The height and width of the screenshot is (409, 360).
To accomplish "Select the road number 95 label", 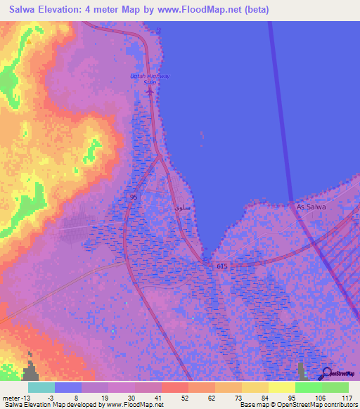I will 134,197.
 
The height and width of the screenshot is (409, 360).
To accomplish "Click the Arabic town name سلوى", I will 181,209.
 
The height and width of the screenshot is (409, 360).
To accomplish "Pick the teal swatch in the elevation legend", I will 41,387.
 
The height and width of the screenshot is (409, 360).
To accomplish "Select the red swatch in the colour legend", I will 174,387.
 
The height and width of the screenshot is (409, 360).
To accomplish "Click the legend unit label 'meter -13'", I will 15,398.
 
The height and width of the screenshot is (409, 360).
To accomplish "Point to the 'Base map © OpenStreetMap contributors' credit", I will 298,405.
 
